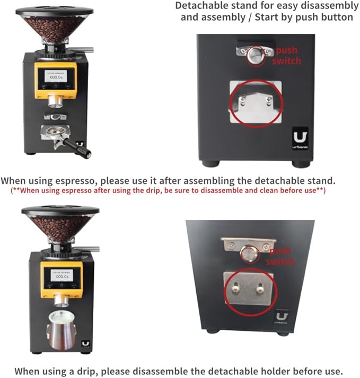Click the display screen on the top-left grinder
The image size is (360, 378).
point(55,77)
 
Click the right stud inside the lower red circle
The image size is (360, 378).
point(259,289)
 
